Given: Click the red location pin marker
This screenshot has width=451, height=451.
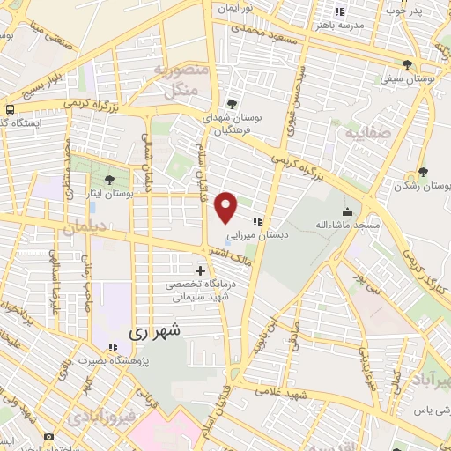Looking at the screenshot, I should point(227,208).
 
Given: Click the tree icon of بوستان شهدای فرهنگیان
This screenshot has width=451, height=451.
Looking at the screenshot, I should point(231,102).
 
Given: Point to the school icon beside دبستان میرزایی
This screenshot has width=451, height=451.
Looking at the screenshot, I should point(258,222).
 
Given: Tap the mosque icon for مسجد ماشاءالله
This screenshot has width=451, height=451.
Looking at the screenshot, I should point(348,211).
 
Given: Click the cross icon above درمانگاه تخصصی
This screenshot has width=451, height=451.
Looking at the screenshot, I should point(201,270).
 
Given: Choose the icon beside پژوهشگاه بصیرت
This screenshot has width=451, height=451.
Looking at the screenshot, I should point(111,348).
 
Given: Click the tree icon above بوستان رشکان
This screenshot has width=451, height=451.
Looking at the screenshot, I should point(424,172).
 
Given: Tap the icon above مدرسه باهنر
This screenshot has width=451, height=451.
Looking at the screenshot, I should point(339,11).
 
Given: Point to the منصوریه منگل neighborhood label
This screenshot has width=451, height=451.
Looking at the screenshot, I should point(186,79).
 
